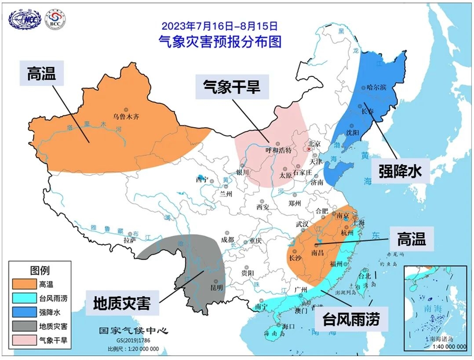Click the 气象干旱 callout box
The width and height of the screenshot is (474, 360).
[231, 87]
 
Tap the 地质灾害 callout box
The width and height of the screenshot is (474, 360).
[122, 303]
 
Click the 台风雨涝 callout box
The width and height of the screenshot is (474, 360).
[352, 319]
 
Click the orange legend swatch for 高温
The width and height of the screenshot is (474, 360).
[25, 285]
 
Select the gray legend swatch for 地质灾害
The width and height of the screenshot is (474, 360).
[25, 326]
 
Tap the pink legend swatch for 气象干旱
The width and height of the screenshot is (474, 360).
[25, 340]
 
